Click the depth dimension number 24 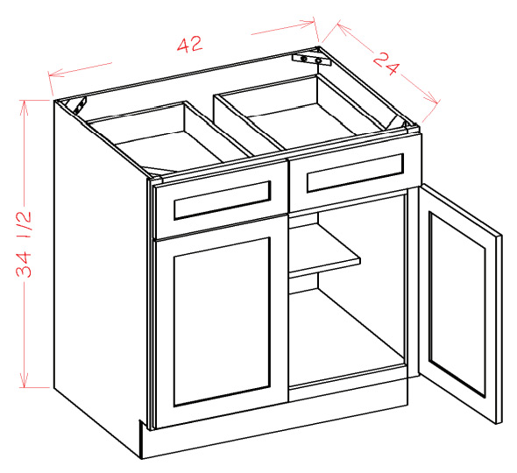pyautogui.click(x=386, y=64)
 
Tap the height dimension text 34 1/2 pyautogui.click(x=24, y=244)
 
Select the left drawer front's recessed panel pyautogui.click(x=223, y=200)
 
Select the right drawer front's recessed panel pyautogui.click(x=356, y=173)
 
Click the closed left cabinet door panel pyautogui.click(x=222, y=321)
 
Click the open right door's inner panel pyautogui.click(x=457, y=304)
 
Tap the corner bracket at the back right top pyautogui.click(x=312, y=60)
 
